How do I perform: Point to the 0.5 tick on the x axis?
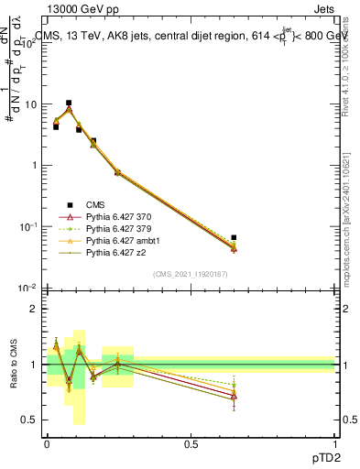tap(191, 443)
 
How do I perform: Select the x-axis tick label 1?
tap(334, 443)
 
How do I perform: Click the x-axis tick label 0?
tap(47, 443)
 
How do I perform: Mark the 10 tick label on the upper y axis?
tap(29, 104)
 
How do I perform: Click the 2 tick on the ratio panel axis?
tap(34, 309)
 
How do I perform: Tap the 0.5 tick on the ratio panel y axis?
tap(30, 420)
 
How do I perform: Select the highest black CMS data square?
tap(69, 104)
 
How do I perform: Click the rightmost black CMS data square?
tap(234, 238)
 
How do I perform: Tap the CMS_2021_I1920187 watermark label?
tap(191, 274)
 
